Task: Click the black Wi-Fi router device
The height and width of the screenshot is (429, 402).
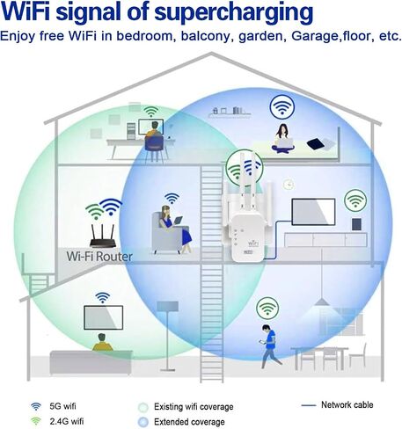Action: (x=103, y=236)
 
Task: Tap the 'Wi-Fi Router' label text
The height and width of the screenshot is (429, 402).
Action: (x=99, y=257)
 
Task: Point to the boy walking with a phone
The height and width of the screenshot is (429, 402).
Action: (x=270, y=345)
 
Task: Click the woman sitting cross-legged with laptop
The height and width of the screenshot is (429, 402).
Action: (x=282, y=139)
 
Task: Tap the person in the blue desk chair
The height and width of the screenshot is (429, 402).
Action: (x=154, y=142)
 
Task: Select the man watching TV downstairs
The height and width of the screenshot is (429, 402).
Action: (x=102, y=342)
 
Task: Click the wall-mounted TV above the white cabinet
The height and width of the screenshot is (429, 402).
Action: (x=313, y=212)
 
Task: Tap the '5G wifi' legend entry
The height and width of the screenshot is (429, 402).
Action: (x=54, y=406)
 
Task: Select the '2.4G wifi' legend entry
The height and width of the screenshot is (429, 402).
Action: (x=57, y=421)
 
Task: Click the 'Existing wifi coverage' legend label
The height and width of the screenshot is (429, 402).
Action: (x=194, y=407)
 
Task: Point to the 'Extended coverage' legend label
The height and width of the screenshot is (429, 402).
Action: (x=189, y=422)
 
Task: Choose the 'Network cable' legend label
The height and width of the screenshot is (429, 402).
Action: (x=347, y=405)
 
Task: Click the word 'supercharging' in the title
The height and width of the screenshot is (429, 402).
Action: (x=234, y=13)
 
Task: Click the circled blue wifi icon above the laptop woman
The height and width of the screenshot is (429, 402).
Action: (x=282, y=106)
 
